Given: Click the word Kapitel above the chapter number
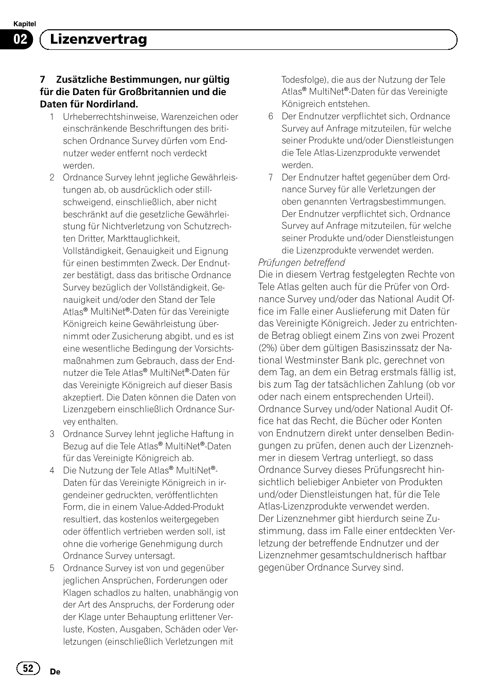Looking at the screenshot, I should point(24,24).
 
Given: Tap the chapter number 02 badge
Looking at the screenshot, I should point(20,40).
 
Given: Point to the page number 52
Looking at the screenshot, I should point(28,668).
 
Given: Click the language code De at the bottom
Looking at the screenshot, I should point(56,671).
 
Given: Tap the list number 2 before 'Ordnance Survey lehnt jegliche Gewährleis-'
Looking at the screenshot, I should point(52,177).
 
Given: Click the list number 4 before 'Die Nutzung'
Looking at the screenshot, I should point(52,470).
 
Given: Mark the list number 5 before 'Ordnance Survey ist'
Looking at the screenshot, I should point(52,568).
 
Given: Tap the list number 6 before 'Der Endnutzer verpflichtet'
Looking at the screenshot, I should point(271,116).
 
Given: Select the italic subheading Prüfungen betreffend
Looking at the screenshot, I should point(302,262).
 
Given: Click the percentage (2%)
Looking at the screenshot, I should point(268,348).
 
